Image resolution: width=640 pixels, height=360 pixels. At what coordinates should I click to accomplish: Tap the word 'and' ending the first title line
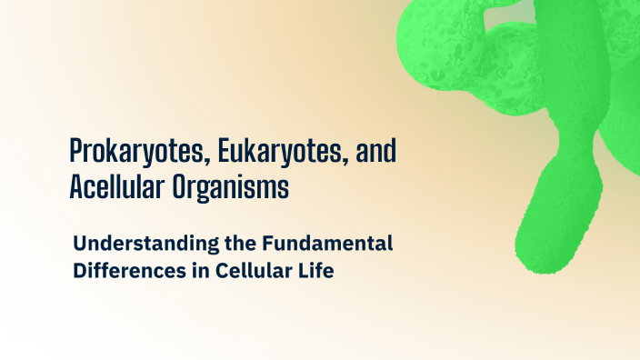376,151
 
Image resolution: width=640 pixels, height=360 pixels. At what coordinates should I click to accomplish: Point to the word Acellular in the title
117,187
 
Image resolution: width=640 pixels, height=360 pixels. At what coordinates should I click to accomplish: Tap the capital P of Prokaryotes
77,151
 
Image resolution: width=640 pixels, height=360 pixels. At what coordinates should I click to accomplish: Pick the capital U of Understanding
80,244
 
